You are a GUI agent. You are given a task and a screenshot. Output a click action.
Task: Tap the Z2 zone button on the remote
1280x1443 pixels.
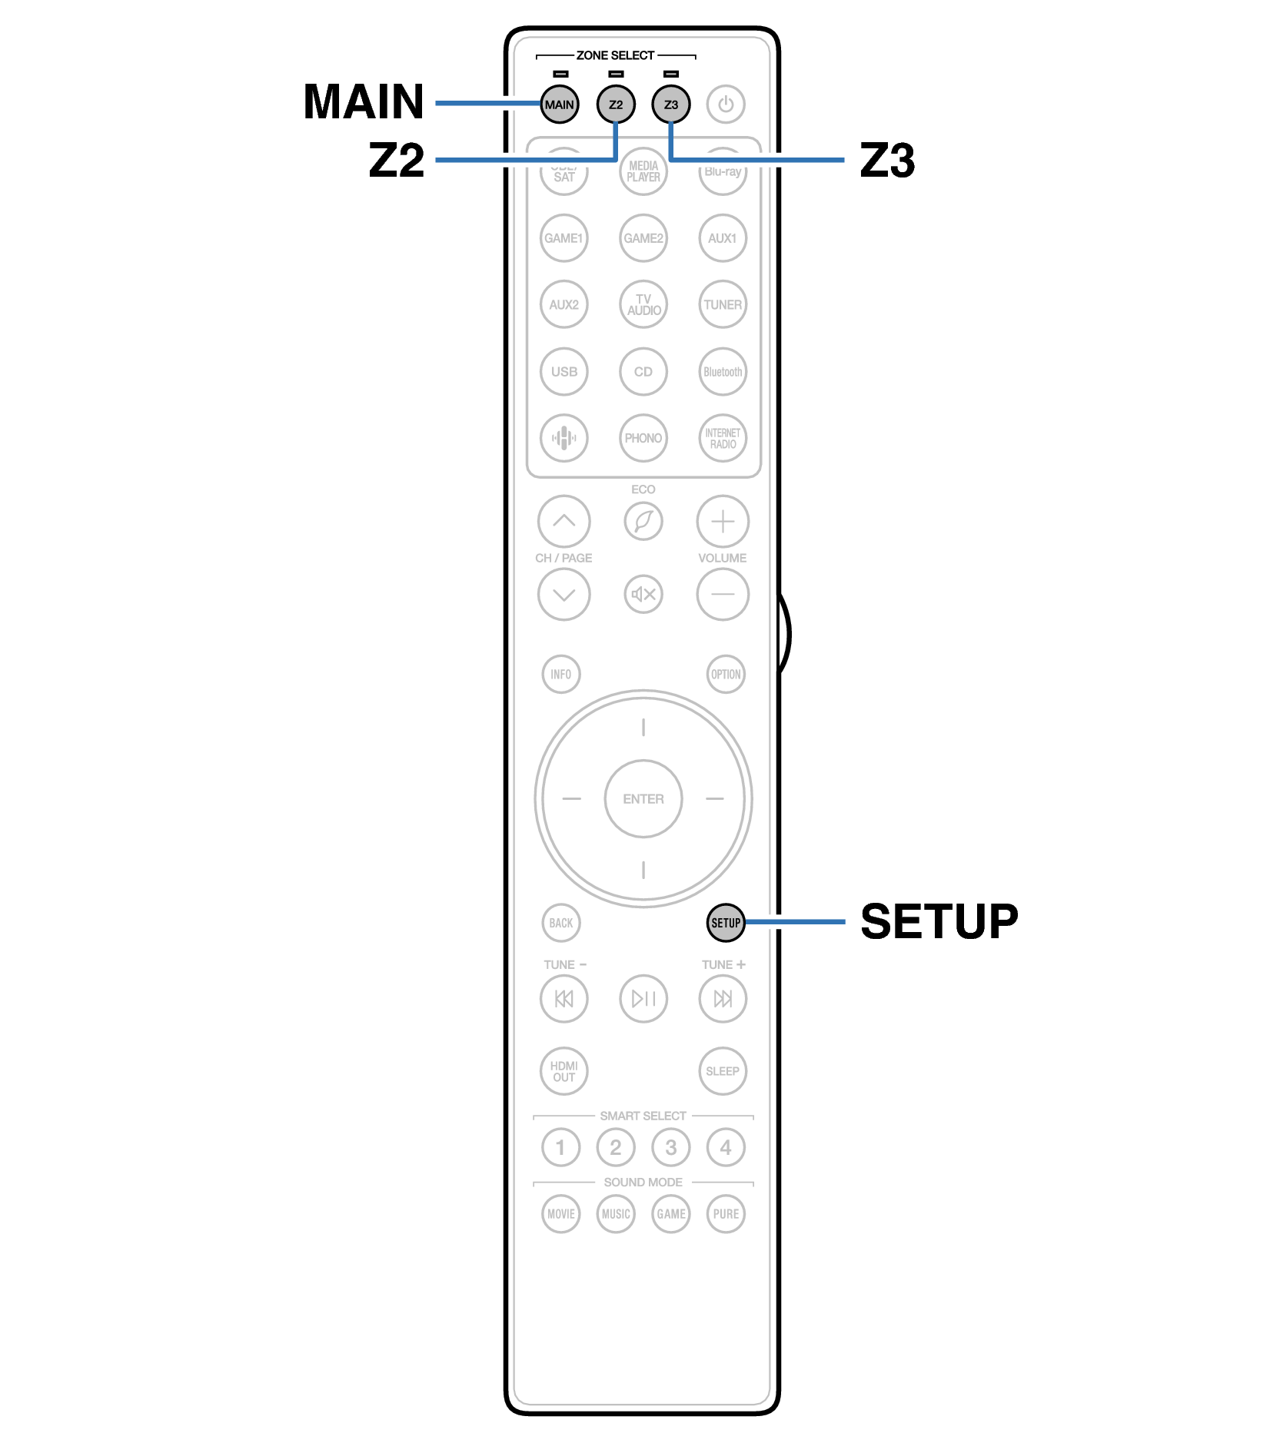tap(615, 104)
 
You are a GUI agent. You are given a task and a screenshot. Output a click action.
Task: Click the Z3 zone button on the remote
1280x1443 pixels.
tap(670, 104)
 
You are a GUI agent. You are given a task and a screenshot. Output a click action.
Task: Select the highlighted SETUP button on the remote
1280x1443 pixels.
tap(725, 922)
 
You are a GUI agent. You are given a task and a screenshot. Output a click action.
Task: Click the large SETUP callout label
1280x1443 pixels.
tap(939, 921)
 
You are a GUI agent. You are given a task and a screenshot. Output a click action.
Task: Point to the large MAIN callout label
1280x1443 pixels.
tap(364, 101)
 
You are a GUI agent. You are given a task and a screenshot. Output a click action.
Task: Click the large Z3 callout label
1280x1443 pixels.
tap(887, 161)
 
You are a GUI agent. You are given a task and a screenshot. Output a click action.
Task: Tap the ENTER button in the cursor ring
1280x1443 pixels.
tap(643, 799)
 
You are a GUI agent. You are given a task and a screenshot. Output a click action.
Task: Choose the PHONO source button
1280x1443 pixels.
tap(643, 438)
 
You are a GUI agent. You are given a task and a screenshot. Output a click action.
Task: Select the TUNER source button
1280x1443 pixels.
tap(723, 305)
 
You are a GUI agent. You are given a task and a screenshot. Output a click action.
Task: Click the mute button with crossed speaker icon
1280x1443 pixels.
tap(643, 594)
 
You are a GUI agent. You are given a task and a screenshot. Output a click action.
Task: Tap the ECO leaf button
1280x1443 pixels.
tap(643, 522)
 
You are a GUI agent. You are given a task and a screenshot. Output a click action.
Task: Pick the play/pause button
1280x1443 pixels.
tap(643, 999)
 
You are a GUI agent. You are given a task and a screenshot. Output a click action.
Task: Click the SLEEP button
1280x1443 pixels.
tap(723, 1071)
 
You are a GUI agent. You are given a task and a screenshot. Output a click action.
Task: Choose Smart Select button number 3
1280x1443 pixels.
tap(670, 1147)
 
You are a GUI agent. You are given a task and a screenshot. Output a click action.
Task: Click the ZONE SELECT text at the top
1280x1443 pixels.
tap(615, 55)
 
